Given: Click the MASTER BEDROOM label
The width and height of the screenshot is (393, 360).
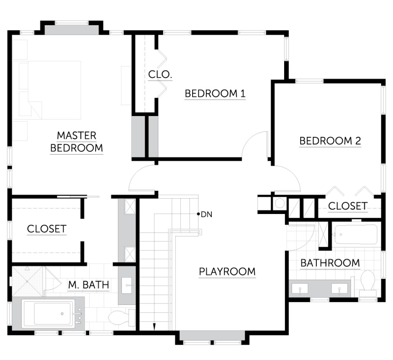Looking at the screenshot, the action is coord(77,142).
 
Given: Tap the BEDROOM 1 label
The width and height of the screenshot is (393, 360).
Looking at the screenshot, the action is coord(215,94).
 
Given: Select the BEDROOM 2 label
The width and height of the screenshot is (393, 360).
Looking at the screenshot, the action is coord(330,141).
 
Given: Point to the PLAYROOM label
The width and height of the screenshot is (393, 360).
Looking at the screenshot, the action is coord(227,272).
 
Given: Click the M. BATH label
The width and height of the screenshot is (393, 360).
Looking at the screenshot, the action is coord(89,285).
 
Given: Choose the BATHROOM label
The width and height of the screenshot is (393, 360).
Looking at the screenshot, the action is coord(330,263).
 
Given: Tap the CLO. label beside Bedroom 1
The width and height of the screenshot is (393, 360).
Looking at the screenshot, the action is coord(160,75).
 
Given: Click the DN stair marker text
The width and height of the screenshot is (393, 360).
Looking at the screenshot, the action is coord(206,215).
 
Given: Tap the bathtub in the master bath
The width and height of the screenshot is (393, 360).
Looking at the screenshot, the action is coord(48,314).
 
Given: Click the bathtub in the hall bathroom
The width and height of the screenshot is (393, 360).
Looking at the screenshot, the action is coord(356,234).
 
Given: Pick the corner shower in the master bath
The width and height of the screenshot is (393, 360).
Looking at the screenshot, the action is coord(27,281).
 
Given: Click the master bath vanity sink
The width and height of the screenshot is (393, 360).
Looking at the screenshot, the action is coord(127,285).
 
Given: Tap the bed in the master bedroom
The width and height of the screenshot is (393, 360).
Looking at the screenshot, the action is coord(50,90).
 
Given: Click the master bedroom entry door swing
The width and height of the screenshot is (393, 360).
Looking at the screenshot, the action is coord(142,178).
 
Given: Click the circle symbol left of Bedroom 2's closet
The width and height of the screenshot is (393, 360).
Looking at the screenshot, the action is coord(279,203).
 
